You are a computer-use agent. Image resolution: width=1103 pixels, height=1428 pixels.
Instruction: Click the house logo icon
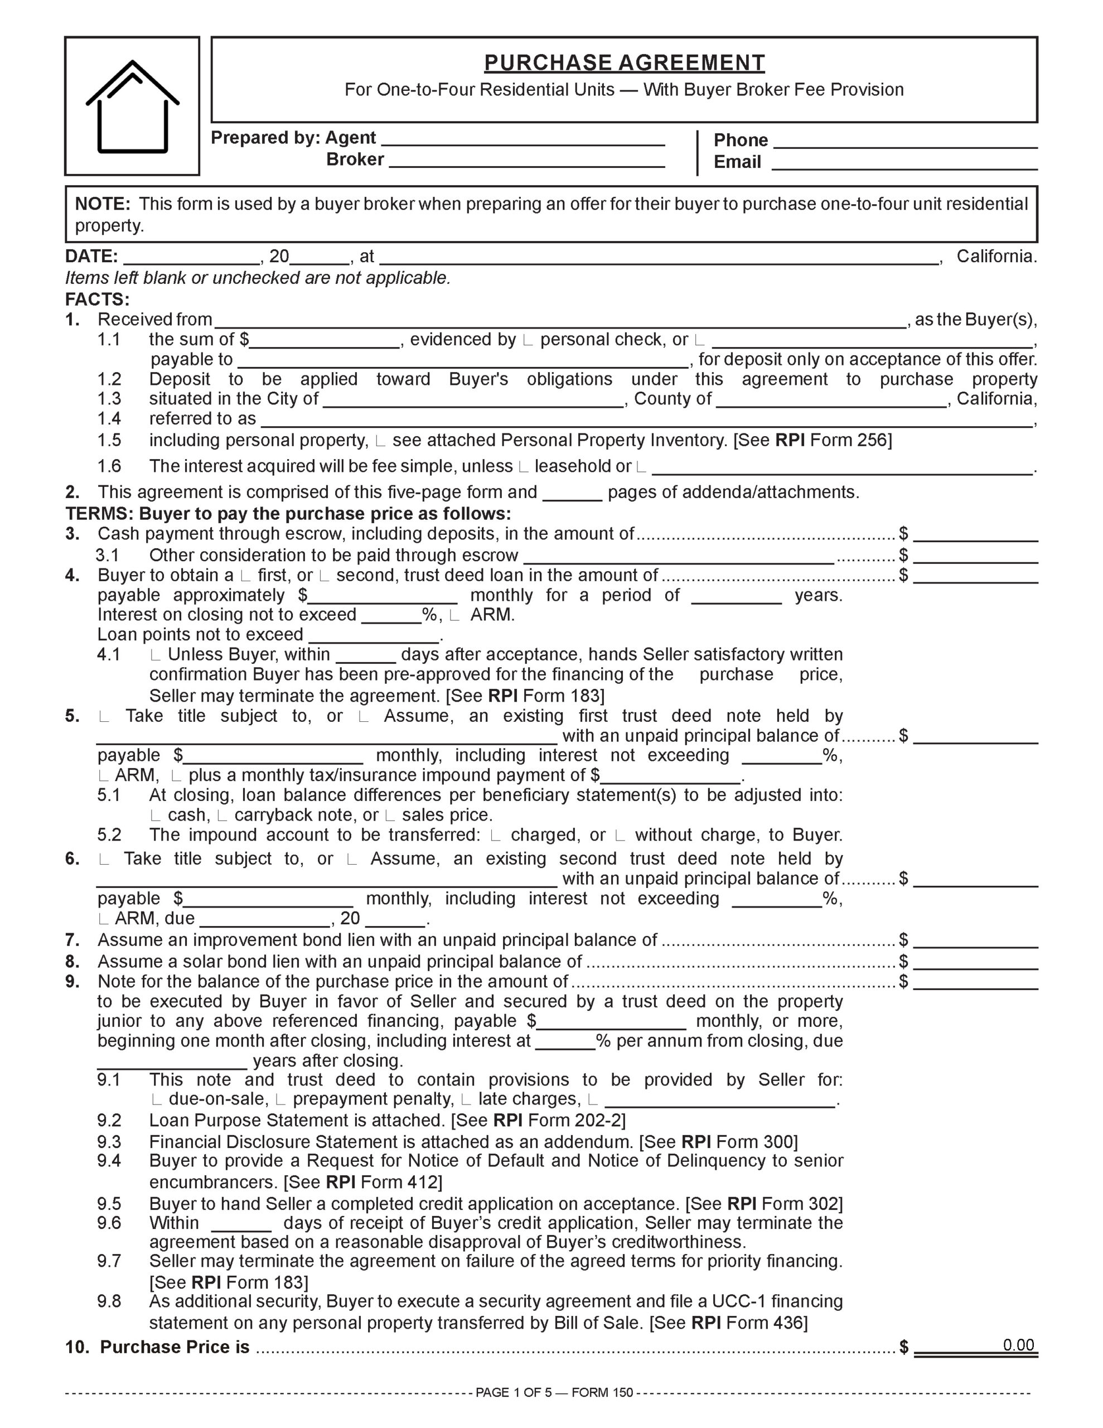[x=132, y=106]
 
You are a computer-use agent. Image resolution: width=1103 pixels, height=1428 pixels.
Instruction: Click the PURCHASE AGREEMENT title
[x=624, y=63]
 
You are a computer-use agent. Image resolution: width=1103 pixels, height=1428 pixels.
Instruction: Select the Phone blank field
[x=905, y=142]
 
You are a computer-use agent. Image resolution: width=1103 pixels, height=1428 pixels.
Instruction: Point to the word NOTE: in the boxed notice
[x=103, y=204]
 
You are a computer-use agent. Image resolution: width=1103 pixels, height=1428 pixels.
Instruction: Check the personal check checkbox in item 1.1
[x=528, y=341]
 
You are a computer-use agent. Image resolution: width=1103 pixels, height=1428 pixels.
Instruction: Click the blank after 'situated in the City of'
[x=473, y=400]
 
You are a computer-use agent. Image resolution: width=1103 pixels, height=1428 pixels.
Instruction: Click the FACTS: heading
[x=98, y=300]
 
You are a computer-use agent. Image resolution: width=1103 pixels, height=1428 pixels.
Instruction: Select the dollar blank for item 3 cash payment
[x=975, y=535]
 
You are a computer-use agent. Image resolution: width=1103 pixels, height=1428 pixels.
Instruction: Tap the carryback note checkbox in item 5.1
[x=222, y=816]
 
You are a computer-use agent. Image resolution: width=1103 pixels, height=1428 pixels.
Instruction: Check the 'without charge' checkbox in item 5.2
[x=621, y=836]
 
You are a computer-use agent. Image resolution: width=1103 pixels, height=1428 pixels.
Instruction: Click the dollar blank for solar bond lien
[x=975, y=962]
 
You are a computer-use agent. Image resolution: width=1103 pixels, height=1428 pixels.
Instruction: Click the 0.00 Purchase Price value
[x=1018, y=1345]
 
